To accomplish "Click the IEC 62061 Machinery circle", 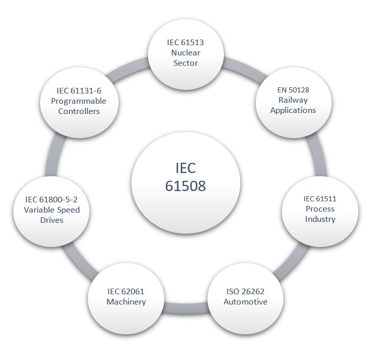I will tap(126, 297).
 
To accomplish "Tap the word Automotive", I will tap(245, 302).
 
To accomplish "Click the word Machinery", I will tap(126, 302).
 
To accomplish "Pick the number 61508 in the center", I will tap(185, 186).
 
